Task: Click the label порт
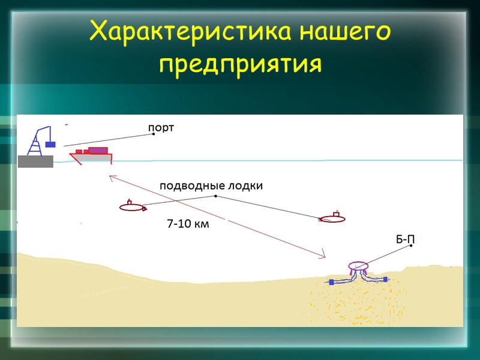[163, 127]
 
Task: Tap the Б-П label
[405, 240]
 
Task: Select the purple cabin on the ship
[98, 151]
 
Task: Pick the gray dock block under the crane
[35, 161]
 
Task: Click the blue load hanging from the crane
[51, 145]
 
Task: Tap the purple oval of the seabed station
[359, 266]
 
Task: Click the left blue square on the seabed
[331, 281]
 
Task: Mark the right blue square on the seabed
[385, 279]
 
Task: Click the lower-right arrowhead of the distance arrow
[323, 256]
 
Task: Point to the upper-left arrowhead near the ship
[110, 177]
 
